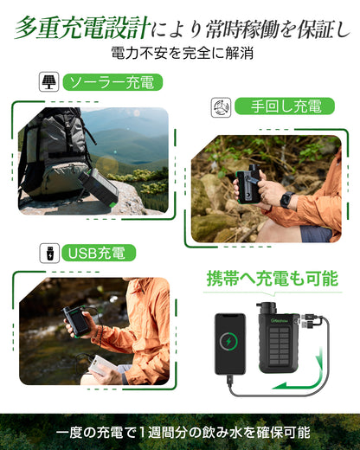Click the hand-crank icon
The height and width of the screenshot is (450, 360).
222,107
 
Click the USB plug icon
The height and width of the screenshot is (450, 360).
48,253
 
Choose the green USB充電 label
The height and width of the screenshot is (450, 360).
93,253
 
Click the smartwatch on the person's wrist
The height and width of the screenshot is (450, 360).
286,200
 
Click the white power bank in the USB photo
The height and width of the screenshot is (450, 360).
96,366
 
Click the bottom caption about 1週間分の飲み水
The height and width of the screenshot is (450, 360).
180,432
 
